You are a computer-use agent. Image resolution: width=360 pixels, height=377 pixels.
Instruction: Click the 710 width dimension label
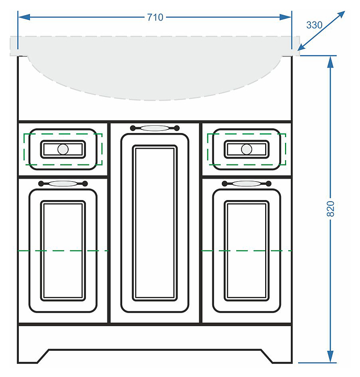click(x=155, y=17)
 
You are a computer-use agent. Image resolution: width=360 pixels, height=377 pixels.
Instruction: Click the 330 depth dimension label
click(x=314, y=25)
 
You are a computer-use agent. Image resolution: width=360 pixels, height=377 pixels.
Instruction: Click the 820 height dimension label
click(x=331, y=209)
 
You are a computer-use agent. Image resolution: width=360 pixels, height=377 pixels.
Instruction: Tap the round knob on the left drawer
click(x=63, y=149)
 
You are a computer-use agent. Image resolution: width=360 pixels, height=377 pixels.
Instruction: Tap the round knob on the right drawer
click(x=246, y=149)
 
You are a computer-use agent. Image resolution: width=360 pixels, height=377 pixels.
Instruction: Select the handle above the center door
click(x=155, y=127)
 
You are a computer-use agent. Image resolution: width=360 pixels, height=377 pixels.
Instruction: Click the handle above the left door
click(x=63, y=184)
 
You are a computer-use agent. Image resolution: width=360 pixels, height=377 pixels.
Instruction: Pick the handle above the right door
click(x=246, y=184)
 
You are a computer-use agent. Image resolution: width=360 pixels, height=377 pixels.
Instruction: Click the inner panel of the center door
click(x=154, y=223)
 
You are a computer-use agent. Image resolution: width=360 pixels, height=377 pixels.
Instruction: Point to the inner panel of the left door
click(x=63, y=250)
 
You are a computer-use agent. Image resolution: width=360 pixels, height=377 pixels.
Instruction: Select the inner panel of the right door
click(x=246, y=250)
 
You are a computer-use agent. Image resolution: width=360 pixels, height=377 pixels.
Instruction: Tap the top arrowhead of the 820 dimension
click(x=331, y=61)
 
